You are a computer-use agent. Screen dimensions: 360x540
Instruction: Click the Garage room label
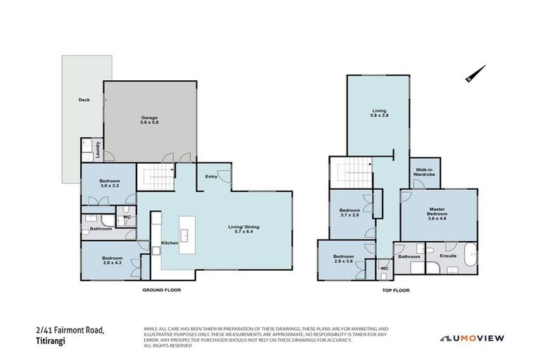click(148, 120)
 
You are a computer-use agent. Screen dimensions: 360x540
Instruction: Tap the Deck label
click(84, 100)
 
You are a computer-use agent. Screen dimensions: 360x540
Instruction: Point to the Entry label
click(210, 176)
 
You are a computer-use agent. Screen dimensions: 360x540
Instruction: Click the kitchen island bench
click(188, 235)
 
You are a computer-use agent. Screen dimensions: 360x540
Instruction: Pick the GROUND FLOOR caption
click(163, 290)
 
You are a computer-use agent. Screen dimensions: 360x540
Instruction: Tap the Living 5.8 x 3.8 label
click(379, 113)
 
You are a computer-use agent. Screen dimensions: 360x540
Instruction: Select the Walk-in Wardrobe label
click(424, 172)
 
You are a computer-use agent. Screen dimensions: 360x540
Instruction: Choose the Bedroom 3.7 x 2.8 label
click(350, 213)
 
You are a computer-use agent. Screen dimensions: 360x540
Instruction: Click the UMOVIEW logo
click(472, 338)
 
